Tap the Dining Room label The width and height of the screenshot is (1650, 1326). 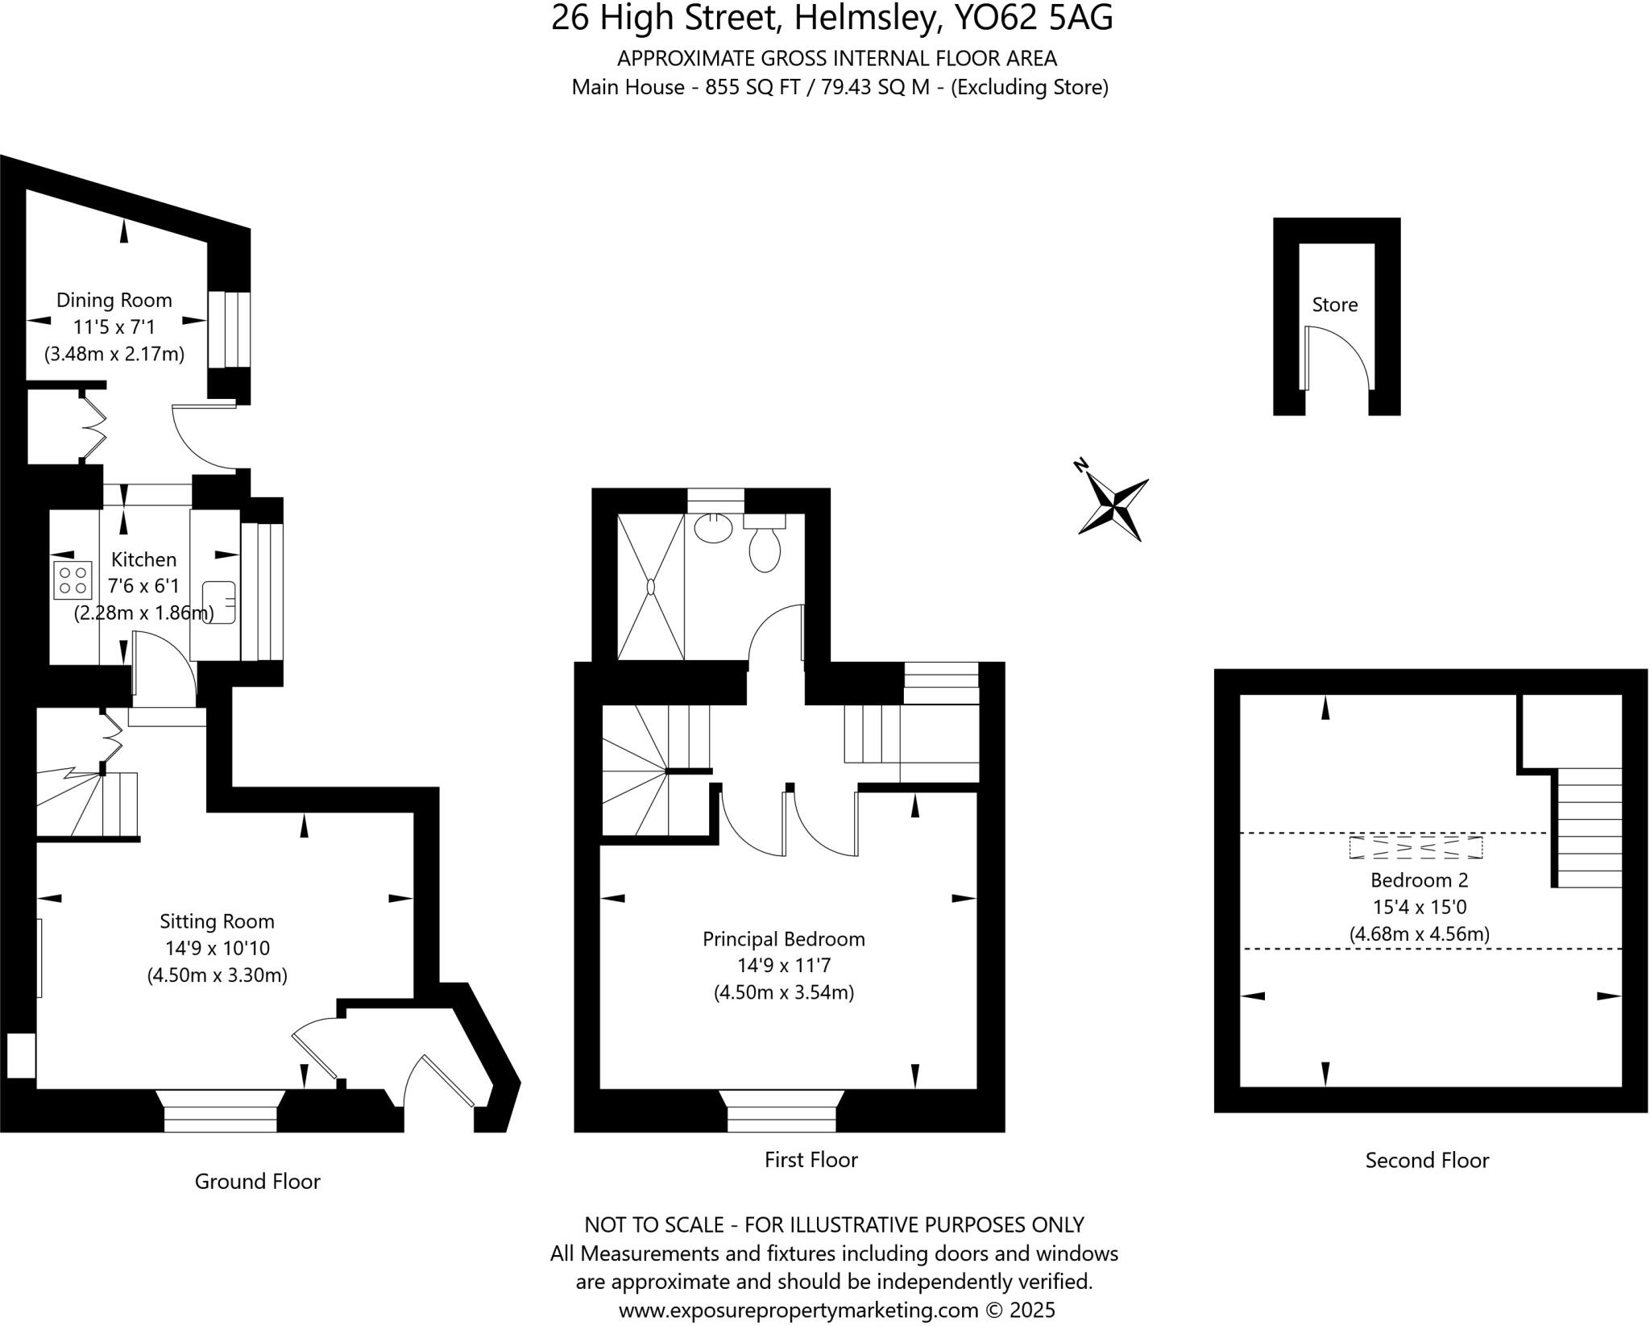pyautogui.click(x=114, y=301)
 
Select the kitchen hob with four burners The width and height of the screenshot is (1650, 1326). pyautogui.click(x=73, y=580)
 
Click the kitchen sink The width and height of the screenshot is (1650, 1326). pyautogui.click(x=218, y=601)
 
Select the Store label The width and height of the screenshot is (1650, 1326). pyautogui.click(x=1335, y=305)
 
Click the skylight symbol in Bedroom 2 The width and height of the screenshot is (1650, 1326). pyautogui.click(x=1416, y=848)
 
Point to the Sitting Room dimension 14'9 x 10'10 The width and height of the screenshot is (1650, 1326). pyautogui.click(x=217, y=948)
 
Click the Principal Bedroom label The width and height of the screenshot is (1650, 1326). pyautogui.click(x=784, y=939)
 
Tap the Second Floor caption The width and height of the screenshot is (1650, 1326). pyautogui.click(x=1427, y=1160)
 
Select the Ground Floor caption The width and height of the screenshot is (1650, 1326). pyautogui.click(x=258, y=1181)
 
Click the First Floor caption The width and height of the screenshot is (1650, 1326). pyautogui.click(x=810, y=1159)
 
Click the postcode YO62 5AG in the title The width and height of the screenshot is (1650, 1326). pyautogui.click(x=1033, y=18)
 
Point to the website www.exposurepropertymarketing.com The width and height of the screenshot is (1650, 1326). pyautogui.click(x=798, y=1310)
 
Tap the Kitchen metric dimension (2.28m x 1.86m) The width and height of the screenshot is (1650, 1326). pyautogui.click(x=144, y=613)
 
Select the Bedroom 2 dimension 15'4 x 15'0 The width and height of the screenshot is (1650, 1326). pyautogui.click(x=1420, y=907)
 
